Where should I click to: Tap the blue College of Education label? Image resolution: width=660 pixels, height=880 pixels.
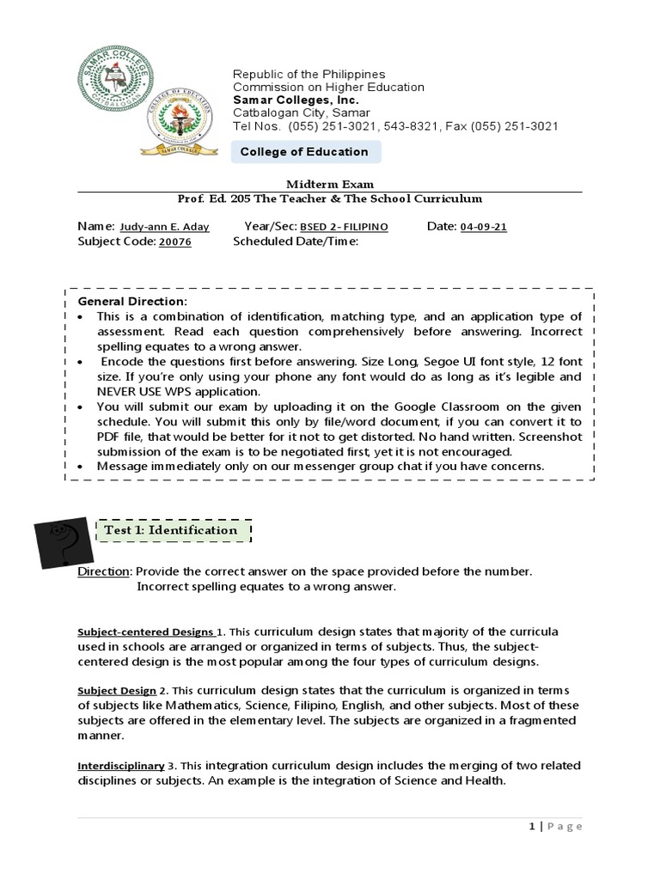click(305, 152)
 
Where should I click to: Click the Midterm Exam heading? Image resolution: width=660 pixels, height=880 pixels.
click(330, 184)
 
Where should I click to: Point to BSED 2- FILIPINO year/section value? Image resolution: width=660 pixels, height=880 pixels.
click(344, 227)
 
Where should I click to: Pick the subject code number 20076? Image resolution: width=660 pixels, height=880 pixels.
click(174, 242)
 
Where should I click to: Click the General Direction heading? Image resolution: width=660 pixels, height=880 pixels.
click(131, 302)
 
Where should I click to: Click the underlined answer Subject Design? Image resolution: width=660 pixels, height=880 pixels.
click(117, 691)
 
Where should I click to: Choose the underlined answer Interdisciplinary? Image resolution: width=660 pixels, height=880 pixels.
click(121, 765)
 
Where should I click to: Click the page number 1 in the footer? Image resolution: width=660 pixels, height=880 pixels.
click(533, 826)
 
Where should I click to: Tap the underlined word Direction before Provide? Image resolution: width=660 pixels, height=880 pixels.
click(104, 571)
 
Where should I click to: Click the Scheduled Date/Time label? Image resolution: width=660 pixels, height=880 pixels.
click(295, 241)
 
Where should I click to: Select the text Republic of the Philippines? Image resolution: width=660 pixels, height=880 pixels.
click(309, 74)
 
